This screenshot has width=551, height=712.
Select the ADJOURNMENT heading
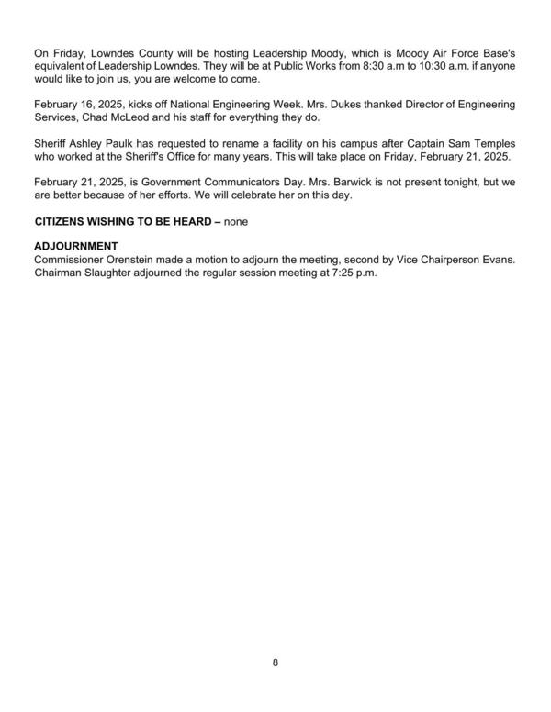pyautogui.click(x=77, y=246)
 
